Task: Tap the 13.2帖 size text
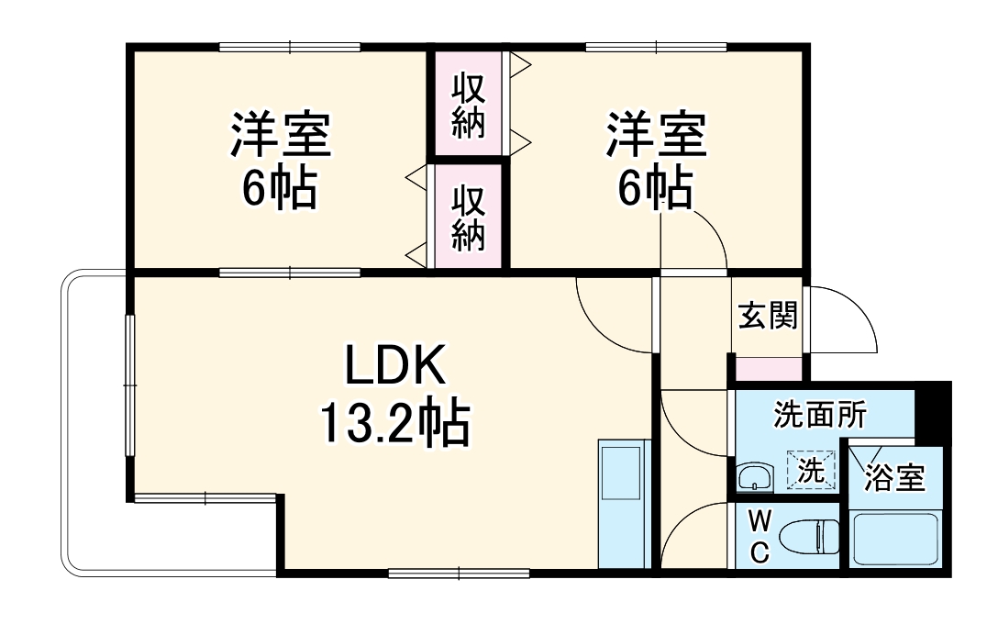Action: click(x=395, y=424)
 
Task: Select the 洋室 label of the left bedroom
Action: click(x=280, y=136)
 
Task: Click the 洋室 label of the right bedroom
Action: click(x=655, y=136)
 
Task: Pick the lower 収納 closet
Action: click(x=468, y=217)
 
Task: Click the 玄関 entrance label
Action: click(x=768, y=317)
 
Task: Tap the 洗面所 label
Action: click(x=819, y=416)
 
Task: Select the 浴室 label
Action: click(x=894, y=477)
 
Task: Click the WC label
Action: click(x=760, y=537)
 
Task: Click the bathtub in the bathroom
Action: click(x=894, y=540)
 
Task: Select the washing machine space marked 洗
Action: click(x=811, y=470)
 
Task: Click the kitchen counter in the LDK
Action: click(x=624, y=505)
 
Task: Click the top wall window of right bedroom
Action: click(x=656, y=47)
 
